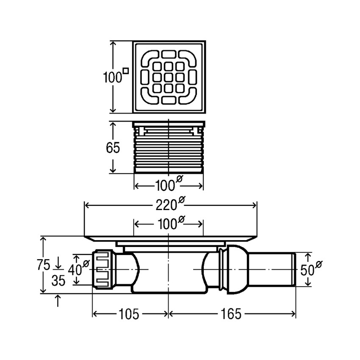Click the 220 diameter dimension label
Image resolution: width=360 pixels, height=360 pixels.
click(x=170, y=204)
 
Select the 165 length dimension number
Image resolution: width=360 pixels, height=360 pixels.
click(x=231, y=314)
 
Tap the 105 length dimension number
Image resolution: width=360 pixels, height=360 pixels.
click(x=129, y=314)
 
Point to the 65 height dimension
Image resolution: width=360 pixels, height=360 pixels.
click(x=113, y=148)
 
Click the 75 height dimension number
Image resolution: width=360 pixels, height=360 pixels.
click(x=44, y=265)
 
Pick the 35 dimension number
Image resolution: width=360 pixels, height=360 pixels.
click(x=58, y=280)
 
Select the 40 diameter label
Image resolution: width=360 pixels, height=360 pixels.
click(x=78, y=268)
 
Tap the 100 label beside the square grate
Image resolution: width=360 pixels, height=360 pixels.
click(x=112, y=77)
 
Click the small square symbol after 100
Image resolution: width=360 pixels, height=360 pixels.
click(x=126, y=70)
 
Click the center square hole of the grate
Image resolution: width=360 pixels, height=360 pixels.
click(x=169, y=77)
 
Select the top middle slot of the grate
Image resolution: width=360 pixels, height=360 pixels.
click(x=169, y=54)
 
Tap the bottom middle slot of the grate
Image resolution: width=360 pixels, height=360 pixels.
click(x=169, y=100)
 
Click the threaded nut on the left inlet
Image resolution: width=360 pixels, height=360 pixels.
click(x=103, y=270)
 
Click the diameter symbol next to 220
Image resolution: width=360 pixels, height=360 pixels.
click(x=181, y=199)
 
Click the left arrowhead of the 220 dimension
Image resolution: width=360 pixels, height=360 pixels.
click(x=87, y=205)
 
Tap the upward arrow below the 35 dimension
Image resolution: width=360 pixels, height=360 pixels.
click(x=58, y=301)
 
